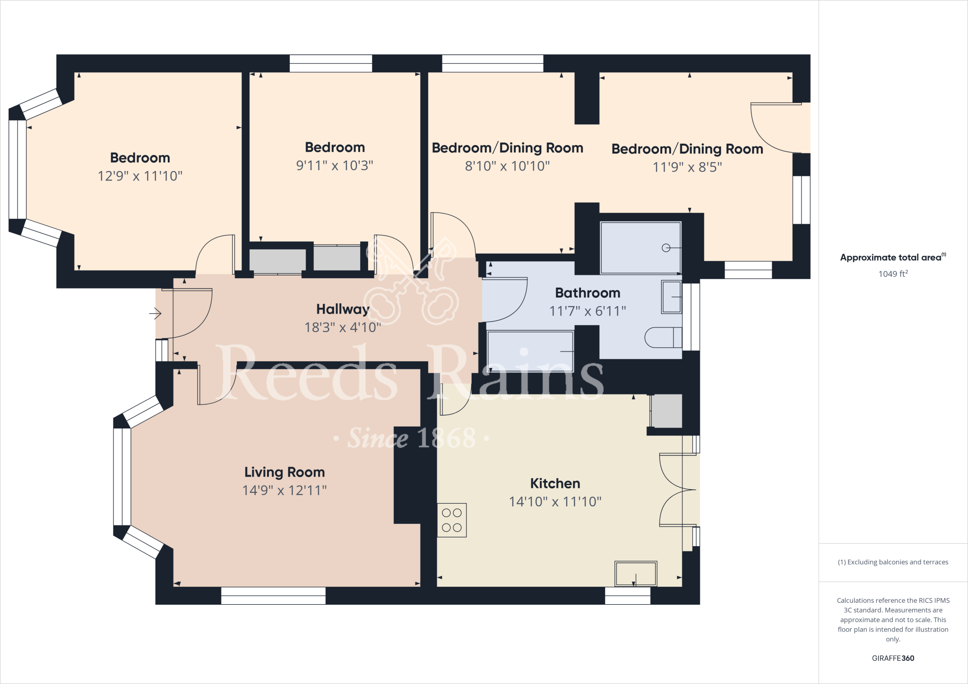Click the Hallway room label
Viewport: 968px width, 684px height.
(343, 309)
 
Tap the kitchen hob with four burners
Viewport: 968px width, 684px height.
(452, 520)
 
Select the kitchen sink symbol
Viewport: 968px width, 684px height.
(636, 574)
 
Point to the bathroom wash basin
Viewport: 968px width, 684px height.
(671, 297)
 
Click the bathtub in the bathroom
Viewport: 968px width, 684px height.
(530, 351)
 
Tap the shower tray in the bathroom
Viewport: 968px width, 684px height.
(640, 248)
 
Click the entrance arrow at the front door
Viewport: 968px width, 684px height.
(156, 313)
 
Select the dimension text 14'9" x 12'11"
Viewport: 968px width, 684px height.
(285, 490)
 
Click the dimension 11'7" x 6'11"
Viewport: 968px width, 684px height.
(588, 311)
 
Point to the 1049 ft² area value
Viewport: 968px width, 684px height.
(893, 274)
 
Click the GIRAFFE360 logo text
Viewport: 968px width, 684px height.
(893, 658)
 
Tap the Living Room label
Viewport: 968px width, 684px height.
(285, 472)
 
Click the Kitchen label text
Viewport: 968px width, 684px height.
(555, 483)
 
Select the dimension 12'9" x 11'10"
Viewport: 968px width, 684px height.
(140, 176)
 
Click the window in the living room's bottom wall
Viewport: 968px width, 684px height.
(273, 596)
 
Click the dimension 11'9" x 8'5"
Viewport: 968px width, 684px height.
(687, 167)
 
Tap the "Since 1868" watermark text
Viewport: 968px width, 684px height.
(411, 438)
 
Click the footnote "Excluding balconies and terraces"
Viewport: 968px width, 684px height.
(893, 562)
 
